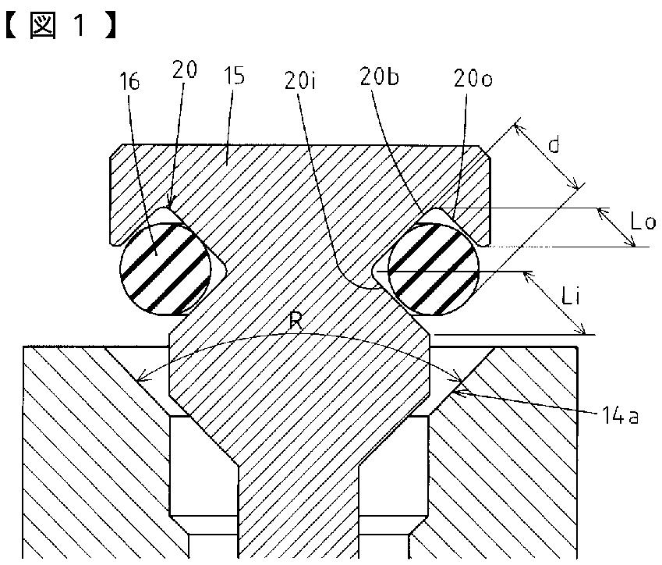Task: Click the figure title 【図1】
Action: click(x=62, y=25)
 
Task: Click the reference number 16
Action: click(x=129, y=82)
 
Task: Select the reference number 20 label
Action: click(x=185, y=69)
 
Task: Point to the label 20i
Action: click(x=301, y=80)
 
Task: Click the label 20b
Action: click(x=379, y=77)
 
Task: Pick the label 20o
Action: click(x=473, y=79)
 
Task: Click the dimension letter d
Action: click(x=554, y=145)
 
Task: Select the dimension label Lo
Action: click(x=643, y=221)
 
